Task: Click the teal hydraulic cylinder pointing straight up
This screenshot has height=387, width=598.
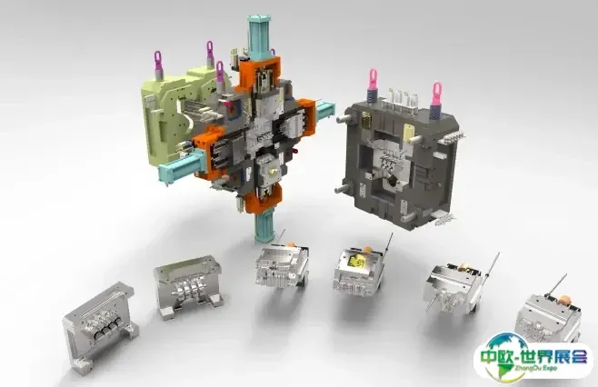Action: point(259,36)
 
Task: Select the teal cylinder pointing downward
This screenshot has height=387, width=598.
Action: point(264,226)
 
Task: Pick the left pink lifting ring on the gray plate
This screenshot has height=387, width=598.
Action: point(373,84)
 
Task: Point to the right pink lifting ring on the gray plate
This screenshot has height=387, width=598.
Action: point(436,98)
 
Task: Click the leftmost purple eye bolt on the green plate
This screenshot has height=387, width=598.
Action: point(158,64)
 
